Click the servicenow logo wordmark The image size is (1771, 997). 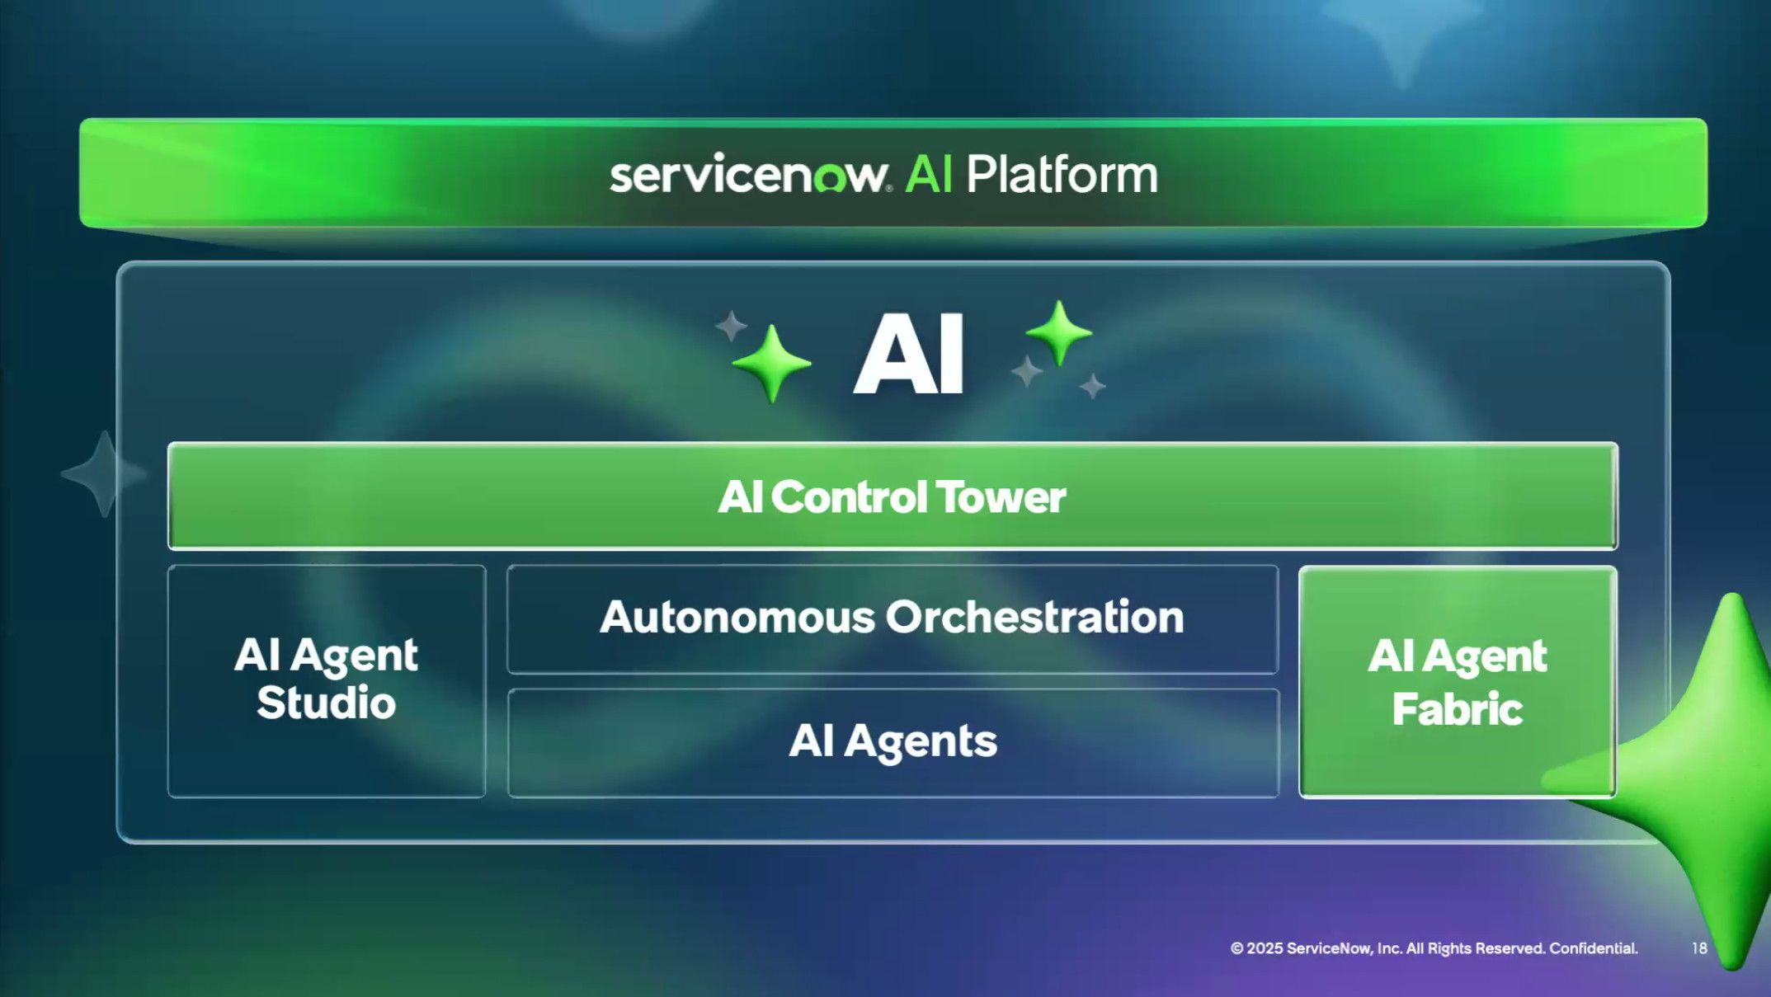[749, 176]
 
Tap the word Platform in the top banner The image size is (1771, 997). [1062, 176]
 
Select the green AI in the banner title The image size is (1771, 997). [929, 175]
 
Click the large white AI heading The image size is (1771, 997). [908, 355]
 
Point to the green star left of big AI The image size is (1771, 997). [771, 363]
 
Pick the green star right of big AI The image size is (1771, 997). [1059, 332]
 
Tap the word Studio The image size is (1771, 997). [326, 703]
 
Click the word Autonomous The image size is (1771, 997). [737, 617]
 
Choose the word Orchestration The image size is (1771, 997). [1034, 617]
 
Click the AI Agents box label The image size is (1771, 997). [893, 741]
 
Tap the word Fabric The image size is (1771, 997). [1457, 709]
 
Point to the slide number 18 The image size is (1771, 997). [1699, 948]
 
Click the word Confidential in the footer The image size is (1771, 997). [1593, 948]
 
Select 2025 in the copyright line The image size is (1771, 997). [1265, 948]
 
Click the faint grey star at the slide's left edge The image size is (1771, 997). [104, 474]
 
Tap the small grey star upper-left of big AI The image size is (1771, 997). [730, 325]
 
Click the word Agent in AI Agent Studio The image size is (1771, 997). [354, 656]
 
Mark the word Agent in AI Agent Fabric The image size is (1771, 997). [1484, 657]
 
